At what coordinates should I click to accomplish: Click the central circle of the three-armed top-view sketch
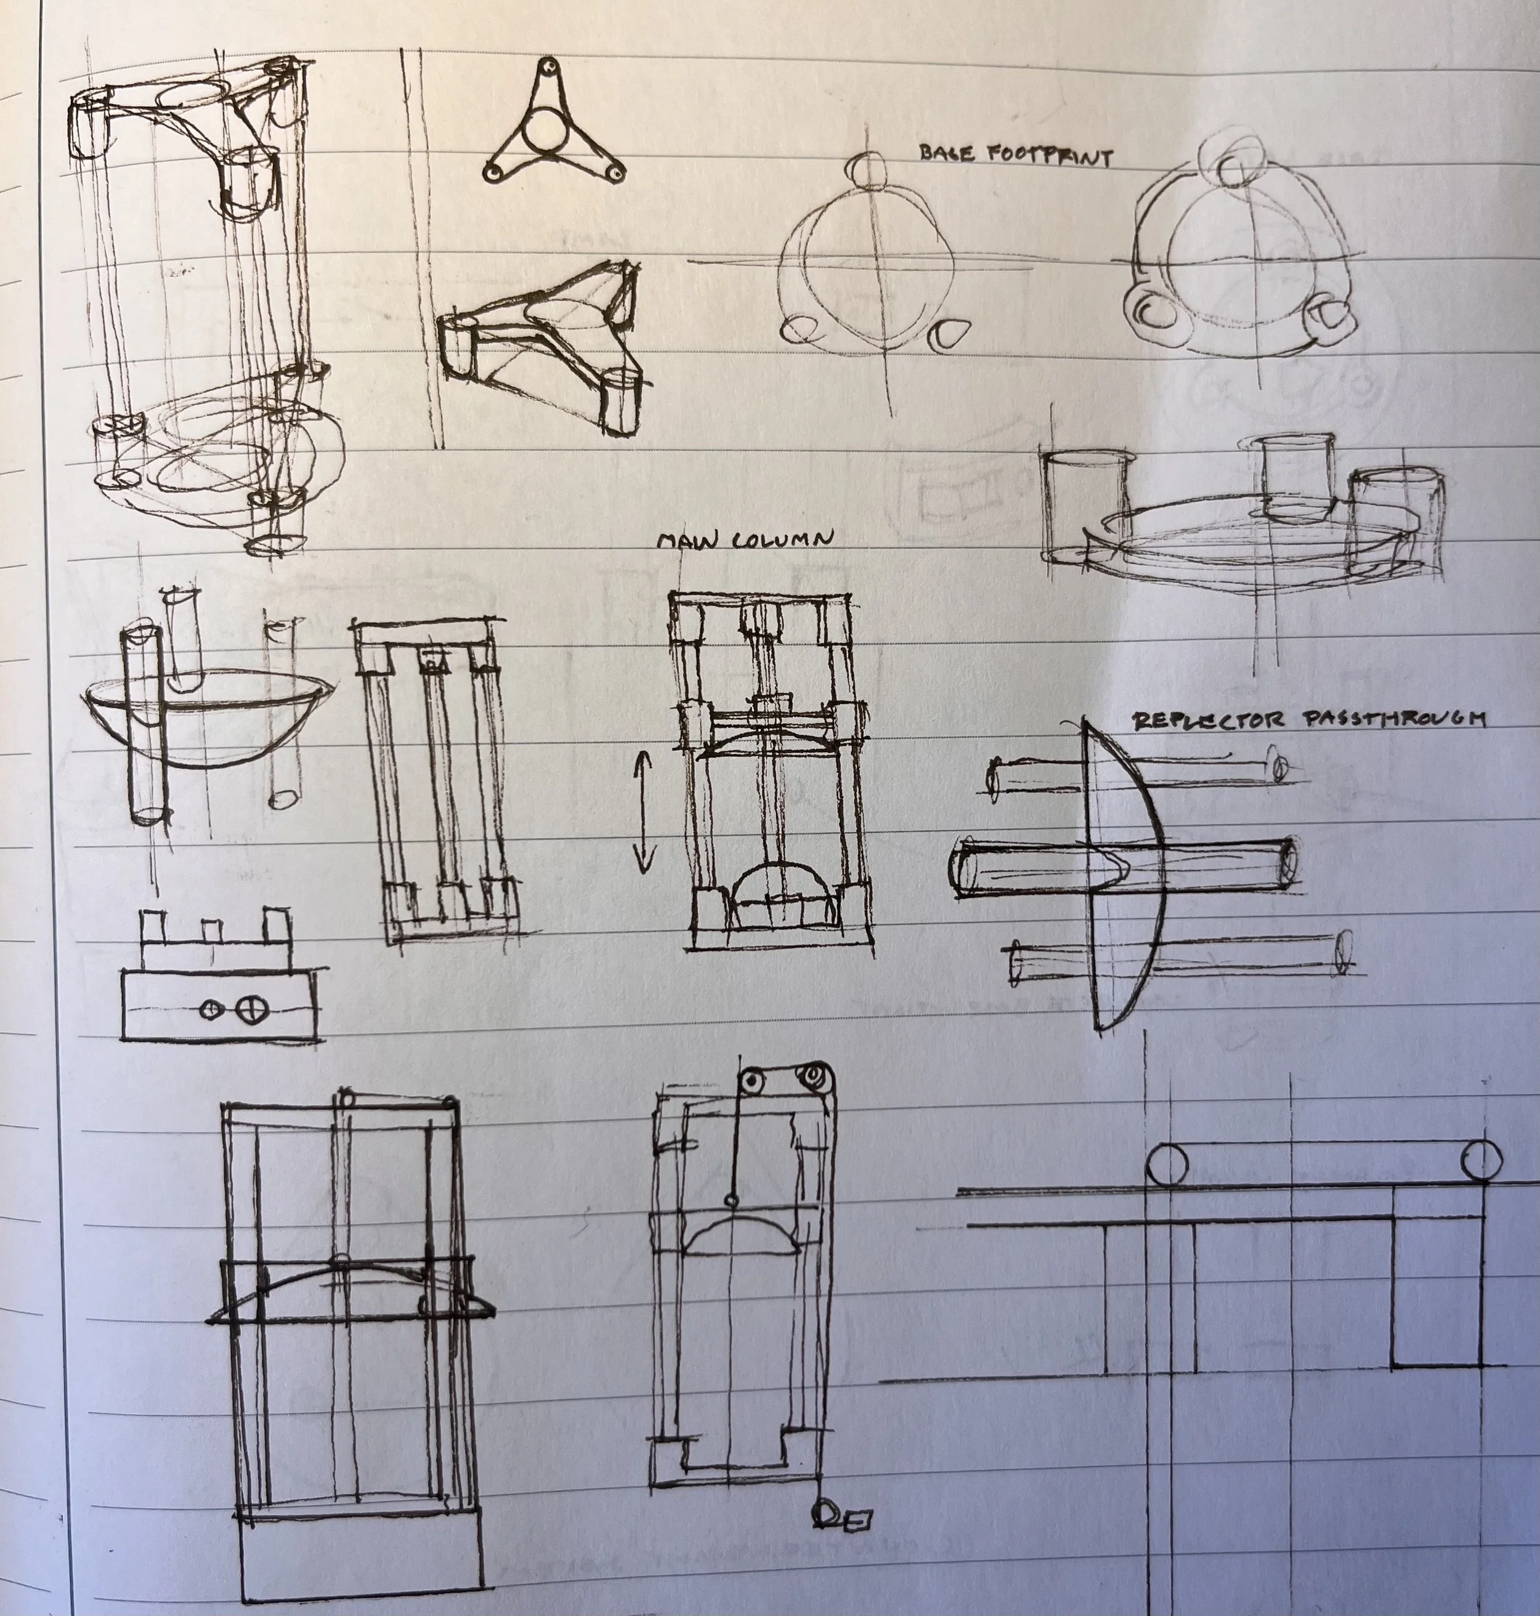(x=543, y=131)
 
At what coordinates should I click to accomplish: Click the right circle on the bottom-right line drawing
(x=1481, y=1160)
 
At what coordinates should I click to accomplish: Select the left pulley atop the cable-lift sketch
(x=750, y=1080)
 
